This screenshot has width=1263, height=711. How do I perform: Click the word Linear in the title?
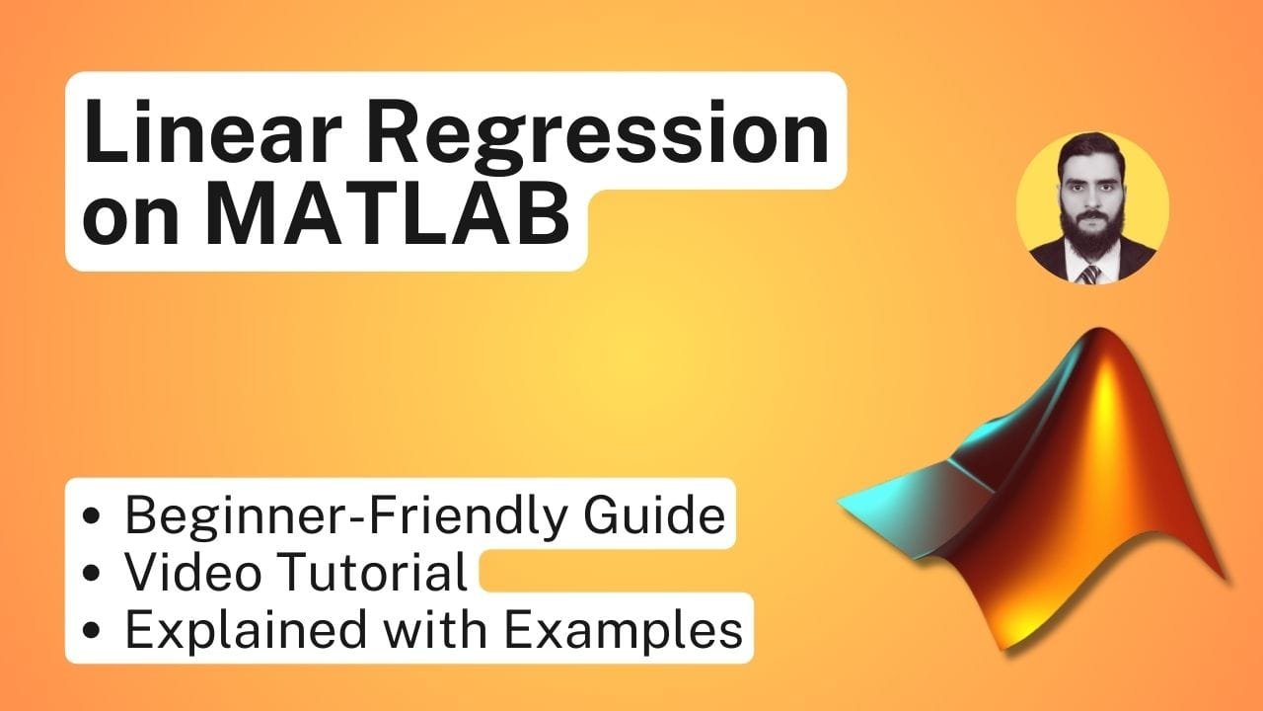tap(212, 131)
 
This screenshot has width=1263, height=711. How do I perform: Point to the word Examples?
tap(623, 630)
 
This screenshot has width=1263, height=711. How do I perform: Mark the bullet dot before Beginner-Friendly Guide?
tap(92, 515)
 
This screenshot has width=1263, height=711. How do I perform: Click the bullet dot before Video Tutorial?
tap(92, 573)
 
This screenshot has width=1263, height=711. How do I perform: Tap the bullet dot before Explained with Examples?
tap(92, 630)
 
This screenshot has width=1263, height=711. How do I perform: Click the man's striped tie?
tap(1088, 275)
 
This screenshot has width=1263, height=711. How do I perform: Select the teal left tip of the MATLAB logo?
tap(844, 501)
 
